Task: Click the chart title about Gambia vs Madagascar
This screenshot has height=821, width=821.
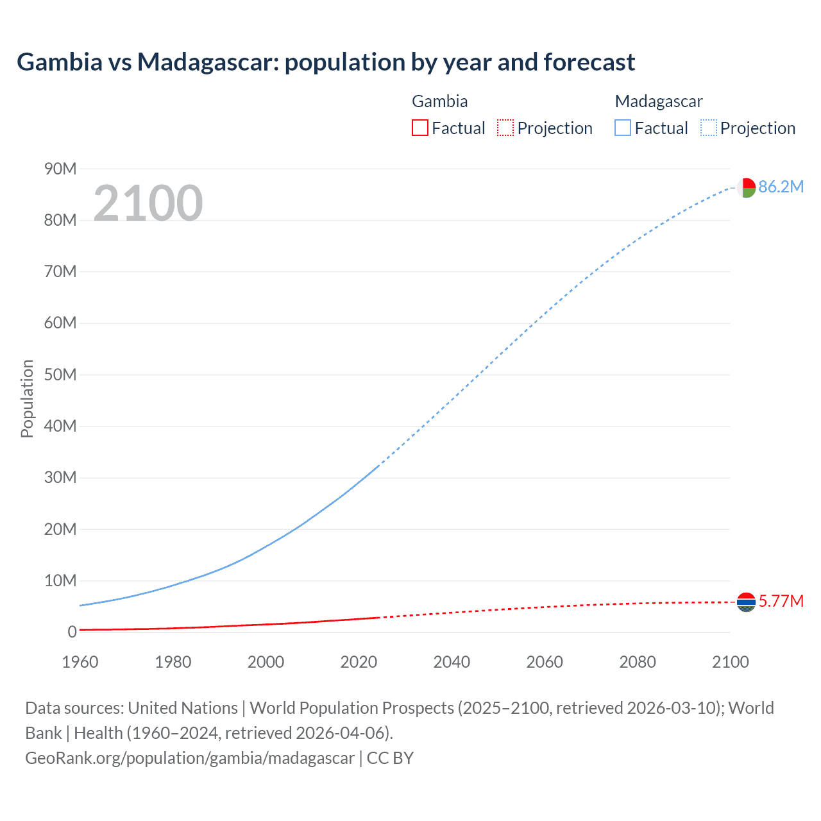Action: coord(326,62)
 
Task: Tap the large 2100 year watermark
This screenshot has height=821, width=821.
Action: coord(148,203)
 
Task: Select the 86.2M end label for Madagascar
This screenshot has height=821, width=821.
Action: coord(781,187)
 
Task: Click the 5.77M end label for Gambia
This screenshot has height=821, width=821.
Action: coord(781,601)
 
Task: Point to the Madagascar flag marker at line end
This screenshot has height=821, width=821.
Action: coord(745,187)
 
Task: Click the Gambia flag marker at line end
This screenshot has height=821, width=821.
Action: coord(746,602)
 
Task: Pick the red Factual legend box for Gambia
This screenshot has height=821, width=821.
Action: coord(419,128)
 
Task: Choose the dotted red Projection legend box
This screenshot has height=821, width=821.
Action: coord(505,128)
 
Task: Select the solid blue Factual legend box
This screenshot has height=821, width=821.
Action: coord(622,128)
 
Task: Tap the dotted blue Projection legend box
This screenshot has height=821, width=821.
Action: coord(708,128)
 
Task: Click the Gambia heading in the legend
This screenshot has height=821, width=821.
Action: coord(439,101)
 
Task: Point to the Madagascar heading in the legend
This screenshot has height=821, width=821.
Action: coord(658,101)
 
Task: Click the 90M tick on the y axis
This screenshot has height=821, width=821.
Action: coord(60,169)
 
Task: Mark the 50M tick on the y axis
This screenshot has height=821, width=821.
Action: coord(60,375)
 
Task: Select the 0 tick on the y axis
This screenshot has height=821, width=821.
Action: coord(72,632)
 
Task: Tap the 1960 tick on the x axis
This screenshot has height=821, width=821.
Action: coord(80,662)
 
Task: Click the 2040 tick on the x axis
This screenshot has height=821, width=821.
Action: coord(452,662)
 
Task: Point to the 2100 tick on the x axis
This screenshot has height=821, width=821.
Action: coord(730,662)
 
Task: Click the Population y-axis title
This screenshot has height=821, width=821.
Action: coord(27,398)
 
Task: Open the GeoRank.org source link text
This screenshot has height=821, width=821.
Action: coord(190,758)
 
